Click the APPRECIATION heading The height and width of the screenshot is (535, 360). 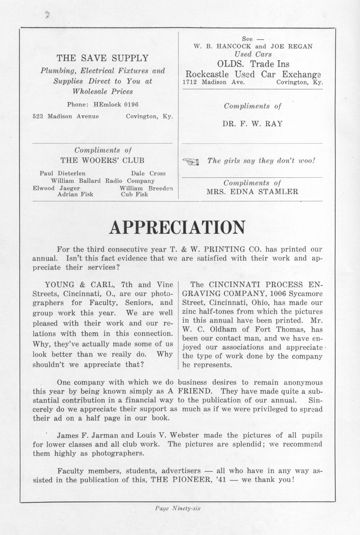pyautogui.click(x=177, y=227)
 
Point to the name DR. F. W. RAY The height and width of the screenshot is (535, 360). pyautogui.click(x=252, y=124)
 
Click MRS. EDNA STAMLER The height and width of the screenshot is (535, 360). pyautogui.click(x=252, y=192)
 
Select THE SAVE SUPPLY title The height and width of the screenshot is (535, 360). pyautogui.click(x=102, y=58)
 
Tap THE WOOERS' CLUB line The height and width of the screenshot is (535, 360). pyautogui.click(x=102, y=160)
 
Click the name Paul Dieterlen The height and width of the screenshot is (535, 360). pyautogui.click(x=62, y=173)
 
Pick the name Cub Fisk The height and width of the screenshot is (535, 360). pyautogui.click(x=134, y=195)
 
